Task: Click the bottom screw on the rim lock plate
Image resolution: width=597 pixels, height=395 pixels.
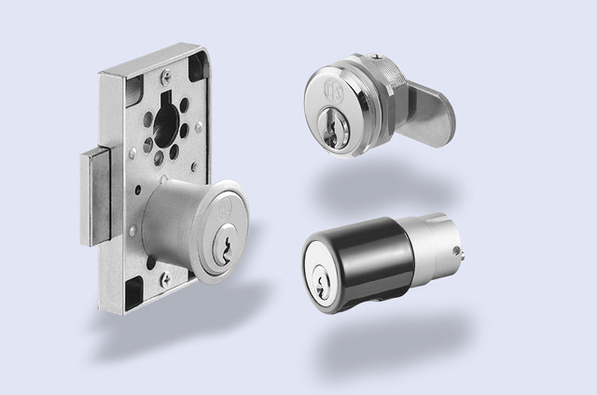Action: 165,275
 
